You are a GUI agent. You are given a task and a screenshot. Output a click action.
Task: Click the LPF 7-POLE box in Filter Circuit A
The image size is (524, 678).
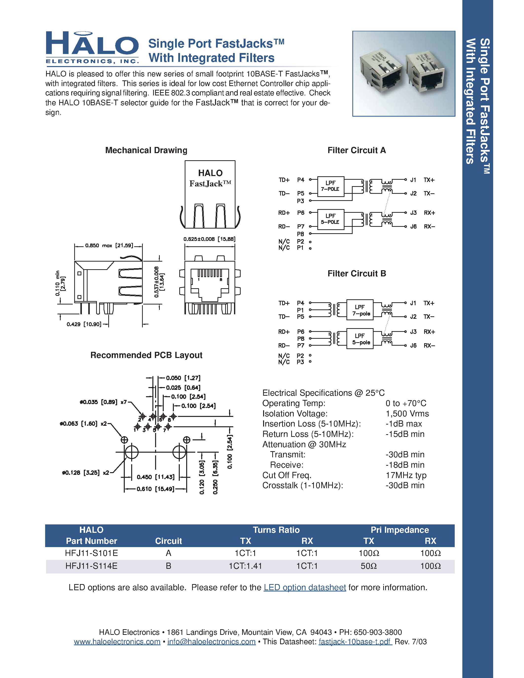(331, 186)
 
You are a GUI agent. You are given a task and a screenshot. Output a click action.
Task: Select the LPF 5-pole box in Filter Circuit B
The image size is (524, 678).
(360, 339)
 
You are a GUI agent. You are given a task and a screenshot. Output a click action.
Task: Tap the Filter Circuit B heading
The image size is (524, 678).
(357, 273)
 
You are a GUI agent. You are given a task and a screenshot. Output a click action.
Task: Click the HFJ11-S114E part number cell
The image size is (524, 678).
(91, 566)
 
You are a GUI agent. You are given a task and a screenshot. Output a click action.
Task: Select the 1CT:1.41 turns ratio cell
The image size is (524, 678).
(245, 566)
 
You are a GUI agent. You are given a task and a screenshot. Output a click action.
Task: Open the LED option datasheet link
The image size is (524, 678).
(305, 587)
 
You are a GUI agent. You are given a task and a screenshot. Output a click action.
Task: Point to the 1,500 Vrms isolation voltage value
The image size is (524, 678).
(407, 413)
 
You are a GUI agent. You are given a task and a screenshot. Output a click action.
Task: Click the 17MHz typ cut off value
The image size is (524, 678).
(406, 475)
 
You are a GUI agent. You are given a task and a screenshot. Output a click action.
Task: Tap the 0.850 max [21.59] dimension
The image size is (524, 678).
(109, 246)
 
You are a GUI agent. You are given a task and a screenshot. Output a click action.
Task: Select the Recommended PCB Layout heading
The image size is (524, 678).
(146, 355)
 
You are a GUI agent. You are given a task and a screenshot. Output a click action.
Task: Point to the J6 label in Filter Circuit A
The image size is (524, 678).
(413, 227)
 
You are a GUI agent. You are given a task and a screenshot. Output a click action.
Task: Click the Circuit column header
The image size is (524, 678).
(168, 541)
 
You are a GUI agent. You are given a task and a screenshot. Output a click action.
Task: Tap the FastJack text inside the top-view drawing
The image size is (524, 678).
(210, 184)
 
